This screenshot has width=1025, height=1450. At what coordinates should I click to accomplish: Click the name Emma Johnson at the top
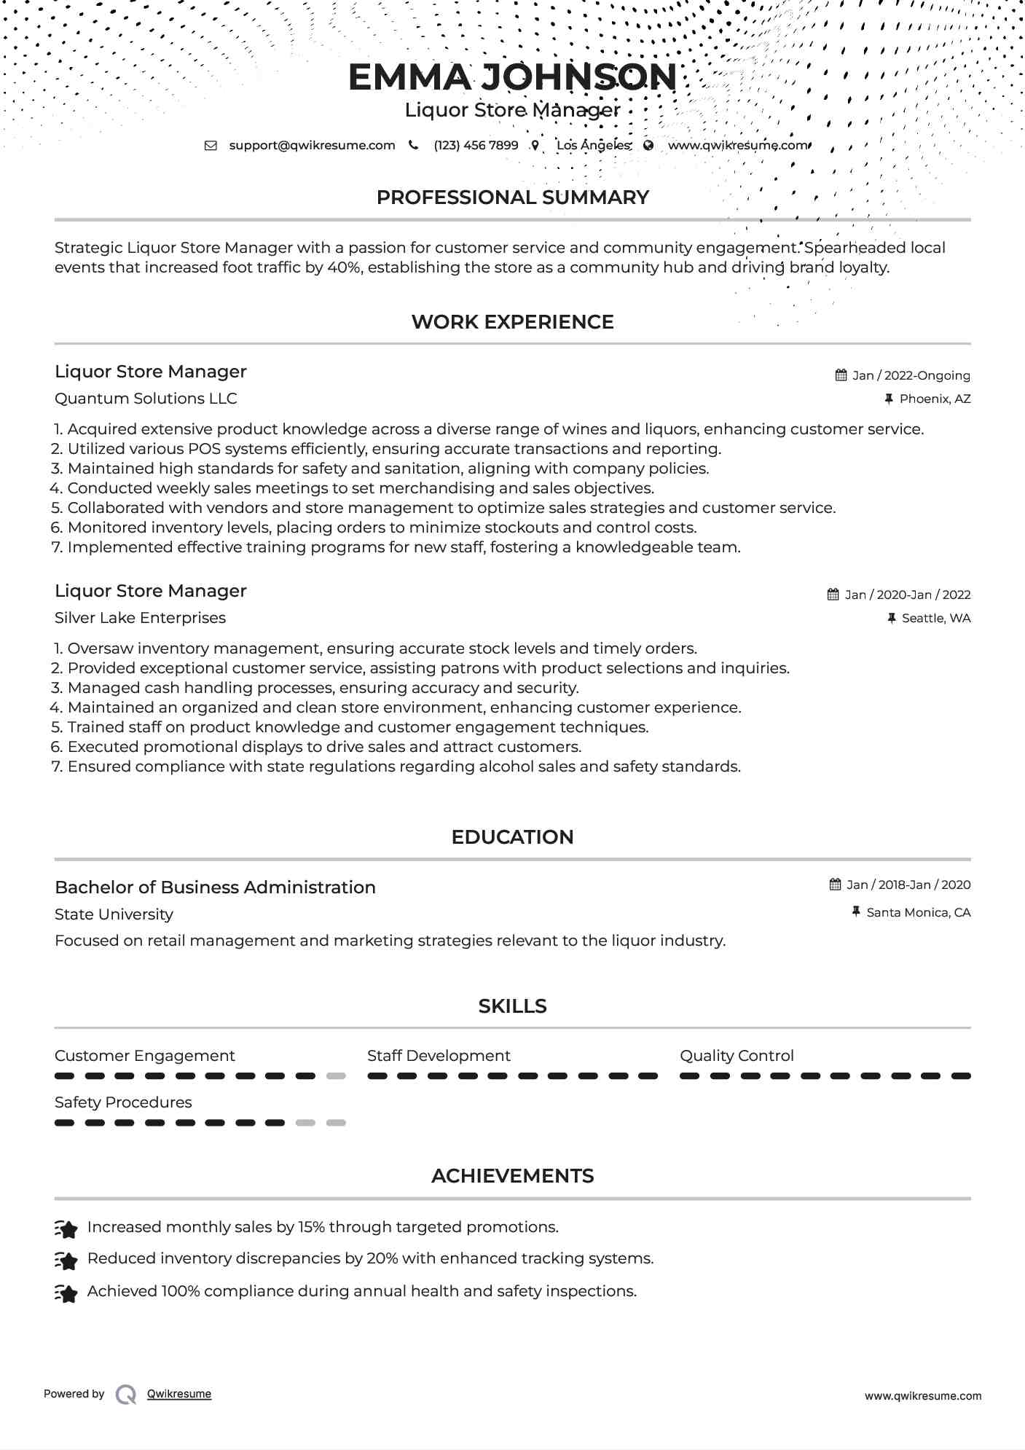click(512, 77)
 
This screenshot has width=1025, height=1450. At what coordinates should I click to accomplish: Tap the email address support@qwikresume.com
click(312, 145)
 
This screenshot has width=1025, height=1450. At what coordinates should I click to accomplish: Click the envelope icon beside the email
click(211, 145)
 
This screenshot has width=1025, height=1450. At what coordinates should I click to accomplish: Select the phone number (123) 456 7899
click(476, 145)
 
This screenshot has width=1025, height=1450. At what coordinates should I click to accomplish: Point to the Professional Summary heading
click(512, 197)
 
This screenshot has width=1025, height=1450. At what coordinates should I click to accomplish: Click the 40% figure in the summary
click(344, 267)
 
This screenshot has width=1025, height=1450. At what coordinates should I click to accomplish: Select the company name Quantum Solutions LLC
click(146, 399)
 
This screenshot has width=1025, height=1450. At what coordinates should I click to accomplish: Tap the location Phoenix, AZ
click(935, 399)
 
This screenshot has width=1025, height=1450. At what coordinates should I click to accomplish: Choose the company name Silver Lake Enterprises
click(140, 618)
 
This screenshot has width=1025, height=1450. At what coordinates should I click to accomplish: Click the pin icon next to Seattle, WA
click(891, 618)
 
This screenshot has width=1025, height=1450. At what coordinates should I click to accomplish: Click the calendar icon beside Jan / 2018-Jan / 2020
click(835, 885)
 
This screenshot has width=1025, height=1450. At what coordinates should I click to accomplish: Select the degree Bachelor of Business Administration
click(215, 887)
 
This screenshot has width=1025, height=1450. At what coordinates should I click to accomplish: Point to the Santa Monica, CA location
click(918, 912)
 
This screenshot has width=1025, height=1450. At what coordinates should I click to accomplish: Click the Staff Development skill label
click(439, 1056)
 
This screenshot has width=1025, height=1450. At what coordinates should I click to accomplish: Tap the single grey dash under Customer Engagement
click(336, 1076)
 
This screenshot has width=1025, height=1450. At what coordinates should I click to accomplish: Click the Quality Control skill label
click(737, 1056)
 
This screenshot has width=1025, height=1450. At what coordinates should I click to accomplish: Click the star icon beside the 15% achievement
click(66, 1229)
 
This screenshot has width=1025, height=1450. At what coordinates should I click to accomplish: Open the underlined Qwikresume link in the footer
click(179, 1394)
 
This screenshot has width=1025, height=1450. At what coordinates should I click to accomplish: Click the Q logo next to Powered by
click(126, 1395)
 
